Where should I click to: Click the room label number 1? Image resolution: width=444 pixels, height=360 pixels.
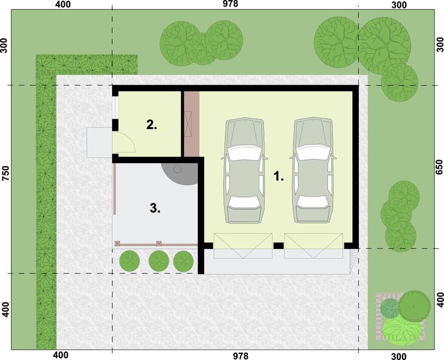click(x=278, y=177)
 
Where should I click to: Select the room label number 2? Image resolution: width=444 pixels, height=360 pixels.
click(x=151, y=125)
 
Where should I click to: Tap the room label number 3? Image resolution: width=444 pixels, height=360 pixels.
click(x=155, y=209)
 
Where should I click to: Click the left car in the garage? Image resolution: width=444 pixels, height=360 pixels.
click(x=244, y=171)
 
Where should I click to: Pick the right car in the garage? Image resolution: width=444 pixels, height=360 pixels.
click(x=313, y=171)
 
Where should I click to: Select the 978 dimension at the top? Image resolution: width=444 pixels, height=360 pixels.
click(x=230, y=4)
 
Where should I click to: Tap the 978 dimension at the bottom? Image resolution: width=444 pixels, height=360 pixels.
click(x=240, y=355)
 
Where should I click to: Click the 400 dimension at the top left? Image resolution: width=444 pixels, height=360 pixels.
click(x=62, y=5)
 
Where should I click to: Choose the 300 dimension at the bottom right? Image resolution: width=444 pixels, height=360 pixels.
click(x=398, y=355)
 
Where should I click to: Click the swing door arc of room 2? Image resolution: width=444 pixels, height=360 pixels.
click(x=125, y=142)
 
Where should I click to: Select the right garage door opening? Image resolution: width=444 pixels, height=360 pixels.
click(x=309, y=246)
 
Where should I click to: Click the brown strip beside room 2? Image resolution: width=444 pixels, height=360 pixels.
click(x=191, y=124)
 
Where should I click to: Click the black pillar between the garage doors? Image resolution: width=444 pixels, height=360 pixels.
click(x=278, y=245)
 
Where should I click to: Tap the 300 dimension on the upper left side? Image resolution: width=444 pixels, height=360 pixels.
click(x=5, y=47)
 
